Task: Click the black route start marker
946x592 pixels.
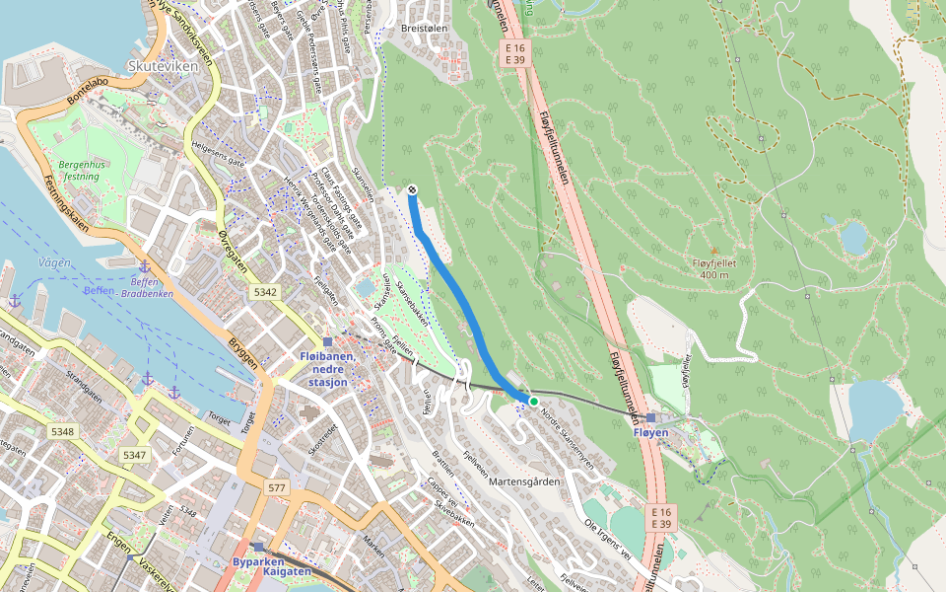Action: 412,189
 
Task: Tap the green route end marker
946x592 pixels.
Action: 533,402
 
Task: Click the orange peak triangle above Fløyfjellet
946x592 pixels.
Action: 714,251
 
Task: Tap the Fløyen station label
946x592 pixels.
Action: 650,432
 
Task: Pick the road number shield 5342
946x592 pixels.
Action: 265,292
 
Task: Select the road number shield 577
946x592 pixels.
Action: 275,487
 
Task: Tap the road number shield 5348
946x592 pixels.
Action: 62,432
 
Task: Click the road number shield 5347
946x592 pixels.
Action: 134,455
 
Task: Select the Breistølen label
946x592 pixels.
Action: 425,30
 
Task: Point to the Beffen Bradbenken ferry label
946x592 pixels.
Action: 144,287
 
